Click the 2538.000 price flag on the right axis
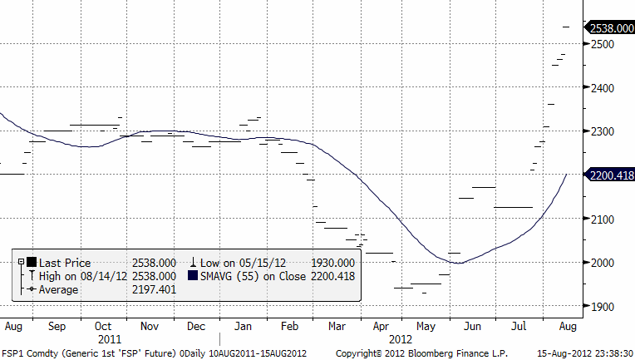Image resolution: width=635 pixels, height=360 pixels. (611, 27)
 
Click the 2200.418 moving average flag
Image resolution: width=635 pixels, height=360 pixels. (611, 175)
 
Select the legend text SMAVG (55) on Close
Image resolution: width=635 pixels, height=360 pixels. (248, 276)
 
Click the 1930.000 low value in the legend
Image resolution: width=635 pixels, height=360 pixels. (334, 263)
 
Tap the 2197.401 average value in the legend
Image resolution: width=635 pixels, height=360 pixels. (154, 289)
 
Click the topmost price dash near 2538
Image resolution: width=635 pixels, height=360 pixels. (567, 27)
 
